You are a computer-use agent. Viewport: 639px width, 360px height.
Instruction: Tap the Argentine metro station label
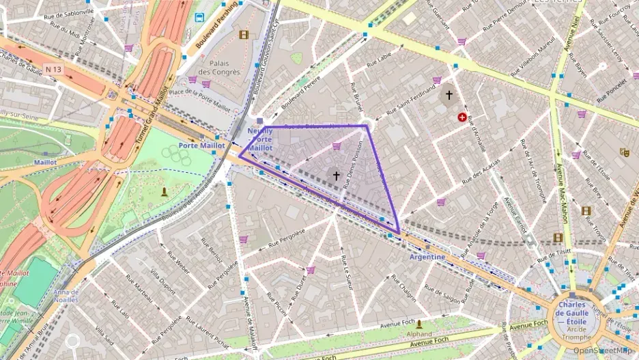click(x=427, y=257)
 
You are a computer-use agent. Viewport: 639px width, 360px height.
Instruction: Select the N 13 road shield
click(x=53, y=70)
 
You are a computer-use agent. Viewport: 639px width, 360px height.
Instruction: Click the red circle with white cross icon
click(x=464, y=117)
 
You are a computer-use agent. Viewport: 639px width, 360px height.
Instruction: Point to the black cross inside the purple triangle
click(x=336, y=176)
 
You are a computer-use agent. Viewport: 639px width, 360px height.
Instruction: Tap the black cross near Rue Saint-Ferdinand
click(x=449, y=95)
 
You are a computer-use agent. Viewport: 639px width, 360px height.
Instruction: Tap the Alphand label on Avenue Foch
click(x=419, y=334)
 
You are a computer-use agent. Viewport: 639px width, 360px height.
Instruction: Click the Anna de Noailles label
click(x=65, y=296)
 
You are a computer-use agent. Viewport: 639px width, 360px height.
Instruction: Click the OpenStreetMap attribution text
click(x=602, y=350)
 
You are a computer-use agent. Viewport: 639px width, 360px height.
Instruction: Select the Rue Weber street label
click(x=178, y=264)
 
